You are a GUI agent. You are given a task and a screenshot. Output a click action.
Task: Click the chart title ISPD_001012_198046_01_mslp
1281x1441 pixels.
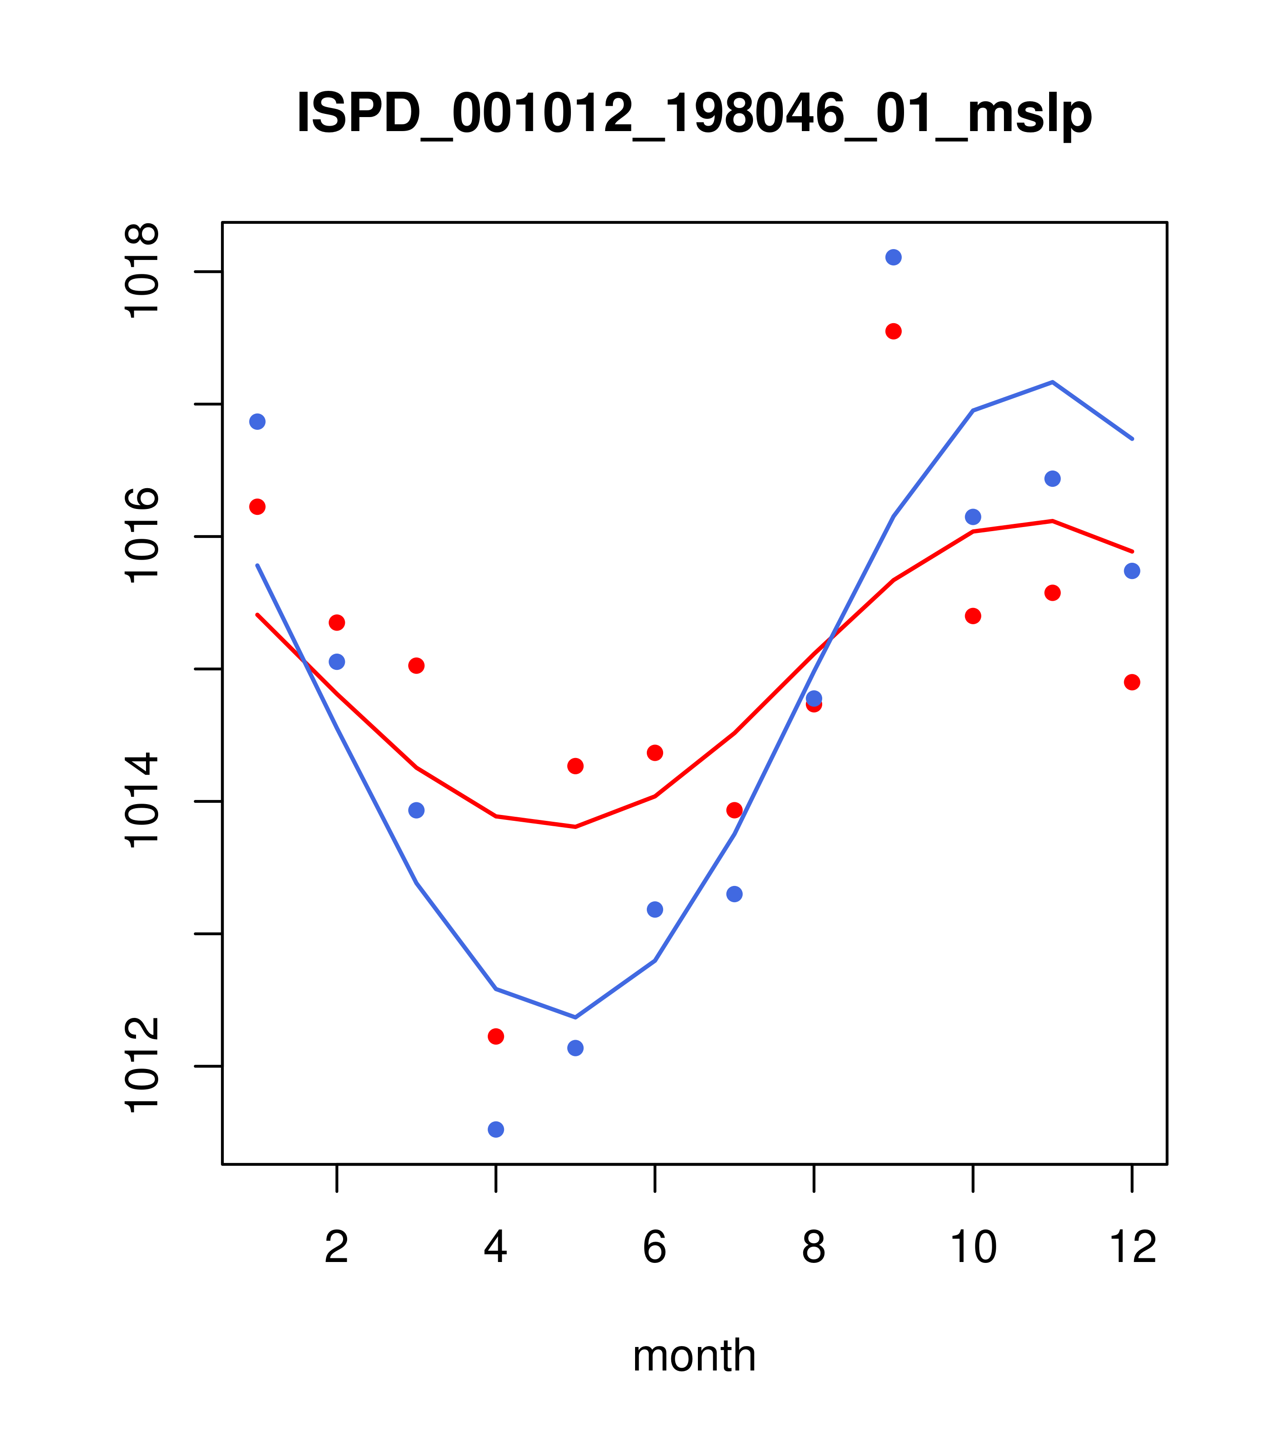click(x=694, y=113)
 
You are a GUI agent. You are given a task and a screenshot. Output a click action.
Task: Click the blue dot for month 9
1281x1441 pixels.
click(x=893, y=257)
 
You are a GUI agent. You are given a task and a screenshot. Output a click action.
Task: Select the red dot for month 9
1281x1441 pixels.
click(x=893, y=331)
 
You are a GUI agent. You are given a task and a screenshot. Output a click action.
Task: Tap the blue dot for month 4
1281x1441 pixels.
click(x=495, y=1130)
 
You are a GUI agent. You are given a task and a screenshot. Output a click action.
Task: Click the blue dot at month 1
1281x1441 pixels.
click(x=257, y=422)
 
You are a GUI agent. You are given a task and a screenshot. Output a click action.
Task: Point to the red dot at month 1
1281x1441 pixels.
click(x=257, y=507)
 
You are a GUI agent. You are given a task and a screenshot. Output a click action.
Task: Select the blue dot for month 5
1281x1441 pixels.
click(x=575, y=1048)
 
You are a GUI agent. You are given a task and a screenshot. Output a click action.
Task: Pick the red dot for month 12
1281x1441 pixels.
click(x=1132, y=682)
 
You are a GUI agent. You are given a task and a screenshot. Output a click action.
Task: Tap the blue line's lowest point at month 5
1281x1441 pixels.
click(x=575, y=1017)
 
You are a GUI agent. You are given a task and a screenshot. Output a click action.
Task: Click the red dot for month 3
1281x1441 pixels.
click(x=416, y=665)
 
